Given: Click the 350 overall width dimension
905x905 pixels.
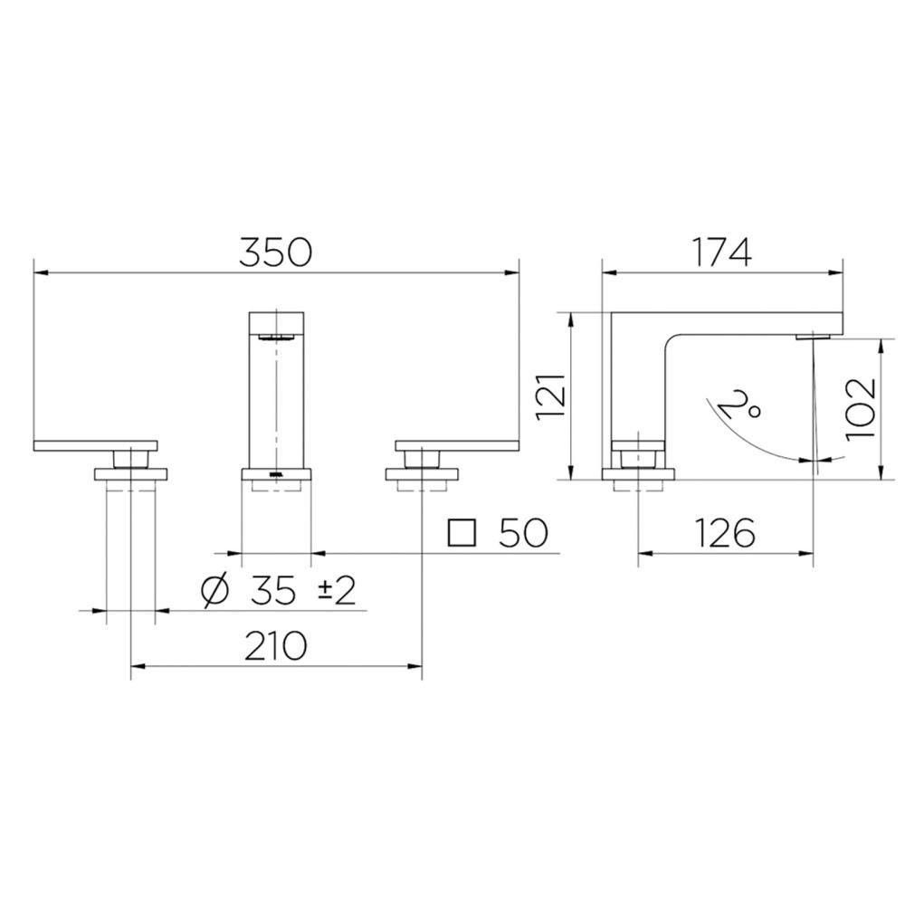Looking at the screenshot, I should [275, 252].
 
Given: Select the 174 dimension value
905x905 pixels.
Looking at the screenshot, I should [722, 252].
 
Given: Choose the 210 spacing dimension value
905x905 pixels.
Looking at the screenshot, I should [275, 646].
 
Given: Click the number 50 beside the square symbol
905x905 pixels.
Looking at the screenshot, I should [522, 534].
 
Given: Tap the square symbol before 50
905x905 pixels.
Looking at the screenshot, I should [462, 534].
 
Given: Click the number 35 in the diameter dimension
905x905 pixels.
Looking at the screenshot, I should [273, 591].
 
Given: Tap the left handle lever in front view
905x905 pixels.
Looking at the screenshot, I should [95, 444].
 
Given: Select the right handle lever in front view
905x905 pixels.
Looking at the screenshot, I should [457, 444].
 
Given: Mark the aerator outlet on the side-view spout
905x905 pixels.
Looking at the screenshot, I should [813, 337].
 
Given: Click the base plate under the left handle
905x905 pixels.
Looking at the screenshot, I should [131, 474].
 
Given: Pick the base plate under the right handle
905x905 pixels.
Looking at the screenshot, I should [422, 474].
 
